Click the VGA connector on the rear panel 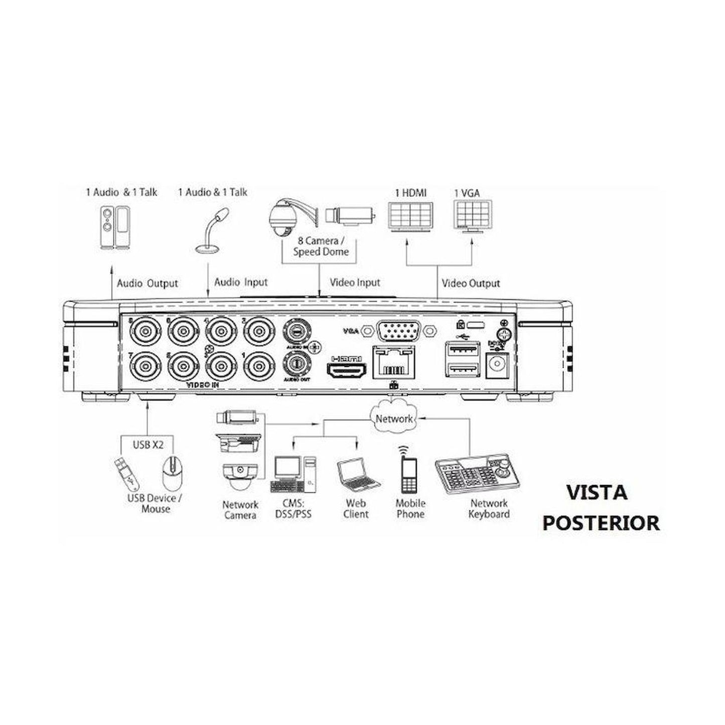[398, 331]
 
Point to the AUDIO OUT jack [297, 363]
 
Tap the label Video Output [471, 283]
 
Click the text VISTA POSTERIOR [601, 507]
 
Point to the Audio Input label [241, 282]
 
